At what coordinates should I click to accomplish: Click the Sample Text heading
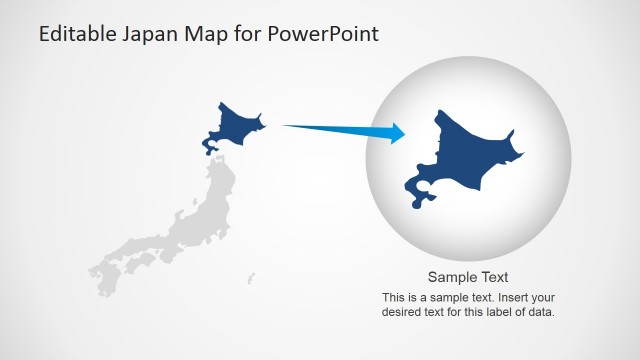click(468, 277)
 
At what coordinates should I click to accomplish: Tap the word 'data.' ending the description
click(541, 312)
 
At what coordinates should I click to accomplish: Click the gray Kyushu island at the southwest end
click(101, 275)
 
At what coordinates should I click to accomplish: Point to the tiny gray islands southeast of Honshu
click(250, 277)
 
